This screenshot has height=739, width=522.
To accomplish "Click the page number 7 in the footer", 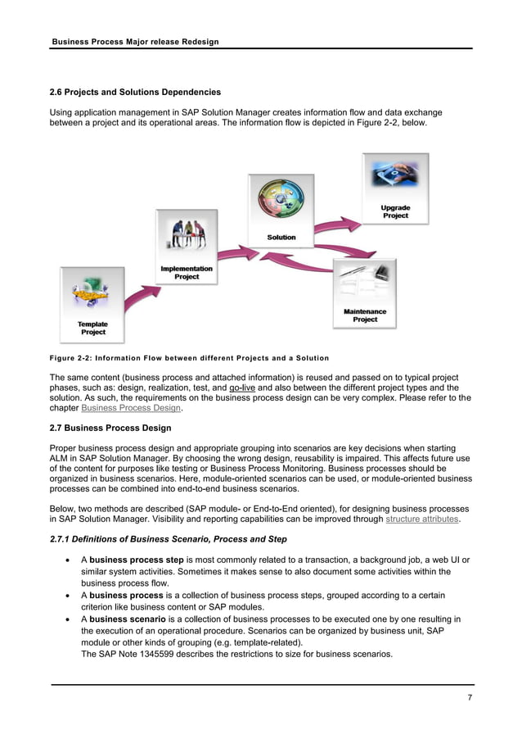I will pos(470,697).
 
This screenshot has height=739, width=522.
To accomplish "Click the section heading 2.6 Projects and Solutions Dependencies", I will pos(135,92).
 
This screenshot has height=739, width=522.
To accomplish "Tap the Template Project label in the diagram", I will pos(92,328).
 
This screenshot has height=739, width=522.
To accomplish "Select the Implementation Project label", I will pos(187,273).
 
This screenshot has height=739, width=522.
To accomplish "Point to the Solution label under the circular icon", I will pos(281,238).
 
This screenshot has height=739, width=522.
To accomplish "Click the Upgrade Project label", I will pos(395,211).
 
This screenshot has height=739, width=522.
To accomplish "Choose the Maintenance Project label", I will pos(365,315).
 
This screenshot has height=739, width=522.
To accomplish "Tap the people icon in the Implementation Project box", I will pos(187,237).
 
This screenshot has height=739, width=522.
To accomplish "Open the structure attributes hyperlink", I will pos(422,519).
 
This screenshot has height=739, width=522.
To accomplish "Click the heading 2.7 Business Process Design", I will pos(110,428).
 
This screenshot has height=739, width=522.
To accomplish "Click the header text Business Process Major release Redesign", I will pos(135,41).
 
